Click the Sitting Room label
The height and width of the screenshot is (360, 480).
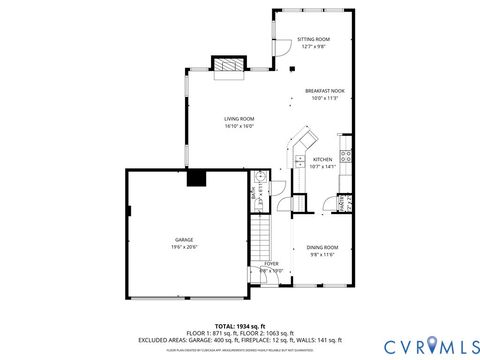(x=313, y=39)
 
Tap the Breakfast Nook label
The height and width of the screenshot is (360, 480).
(x=324, y=91)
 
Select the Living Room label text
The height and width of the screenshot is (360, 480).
(x=239, y=119)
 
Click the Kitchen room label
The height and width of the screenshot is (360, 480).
(x=322, y=159)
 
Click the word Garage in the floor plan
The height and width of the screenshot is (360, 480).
(x=184, y=240)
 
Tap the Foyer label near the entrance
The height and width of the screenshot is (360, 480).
(x=271, y=263)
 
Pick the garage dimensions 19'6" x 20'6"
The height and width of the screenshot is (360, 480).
(x=184, y=247)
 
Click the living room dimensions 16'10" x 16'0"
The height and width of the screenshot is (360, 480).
(x=239, y=126)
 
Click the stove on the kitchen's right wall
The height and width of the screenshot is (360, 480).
(x=346, y=155)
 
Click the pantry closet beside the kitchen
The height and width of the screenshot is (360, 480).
(x=343, y=205)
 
